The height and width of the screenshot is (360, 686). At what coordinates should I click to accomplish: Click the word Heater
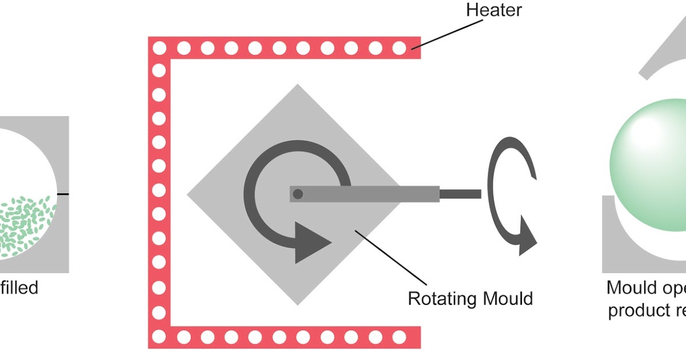point(493,10)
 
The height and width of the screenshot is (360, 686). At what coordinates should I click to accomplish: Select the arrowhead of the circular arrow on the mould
point(311,243)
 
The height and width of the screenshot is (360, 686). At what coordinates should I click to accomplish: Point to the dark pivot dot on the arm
point(297,194)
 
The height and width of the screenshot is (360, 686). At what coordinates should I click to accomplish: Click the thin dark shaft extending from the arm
point(460,194)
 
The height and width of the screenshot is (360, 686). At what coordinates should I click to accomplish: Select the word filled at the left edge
point(19,287)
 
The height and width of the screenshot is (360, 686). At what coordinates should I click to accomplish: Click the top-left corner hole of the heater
point(159,48)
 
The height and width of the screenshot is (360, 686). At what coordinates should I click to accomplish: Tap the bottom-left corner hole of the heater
point(159,337)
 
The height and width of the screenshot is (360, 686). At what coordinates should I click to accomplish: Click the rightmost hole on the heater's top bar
point(399,48)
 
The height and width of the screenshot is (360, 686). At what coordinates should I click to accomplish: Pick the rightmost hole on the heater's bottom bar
point(399,337)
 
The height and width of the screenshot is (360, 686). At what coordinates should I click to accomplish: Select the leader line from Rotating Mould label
point(392,257)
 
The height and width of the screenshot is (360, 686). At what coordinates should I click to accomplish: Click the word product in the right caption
point(635,311)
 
